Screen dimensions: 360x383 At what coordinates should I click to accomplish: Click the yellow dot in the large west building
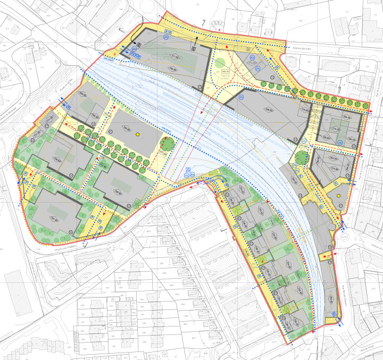pos(137,135)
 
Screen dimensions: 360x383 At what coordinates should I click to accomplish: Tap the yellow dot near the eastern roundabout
pos(338,196)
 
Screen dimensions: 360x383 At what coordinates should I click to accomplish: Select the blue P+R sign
pos(135,55)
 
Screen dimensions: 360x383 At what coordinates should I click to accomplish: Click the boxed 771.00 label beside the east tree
pos(304,145)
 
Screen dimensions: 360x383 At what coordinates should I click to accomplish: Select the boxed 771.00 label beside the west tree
pos(162,154)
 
